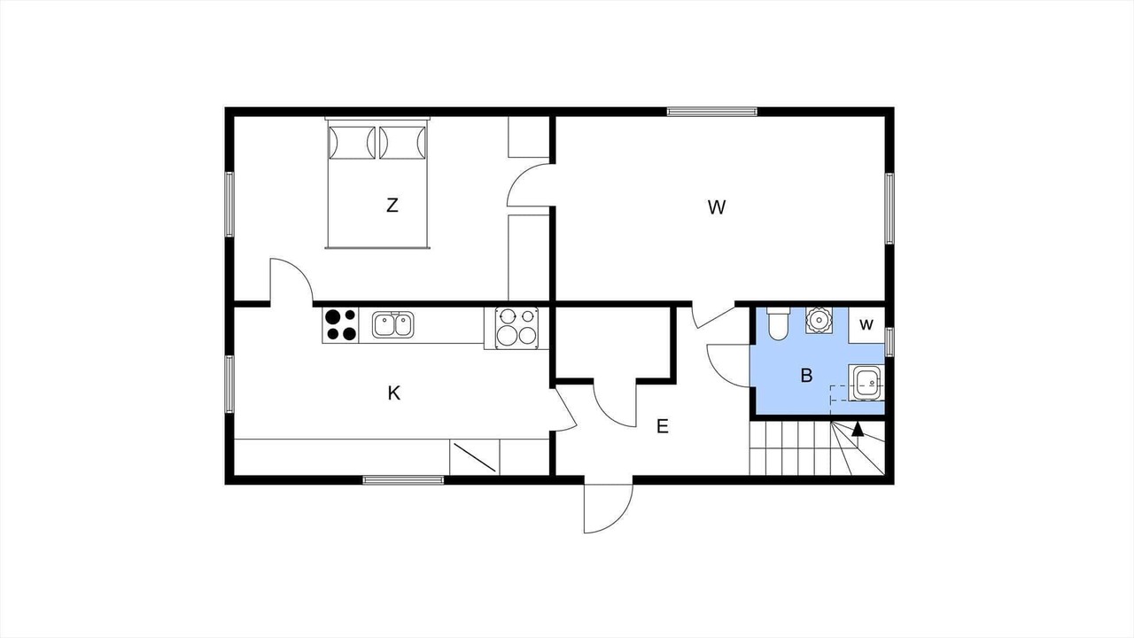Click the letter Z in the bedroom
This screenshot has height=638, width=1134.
pos(392,205)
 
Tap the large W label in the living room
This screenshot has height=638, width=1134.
pos(717,207)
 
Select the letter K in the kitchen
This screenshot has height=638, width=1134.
pos(394,393)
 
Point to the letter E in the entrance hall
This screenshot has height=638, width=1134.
pos(662,426)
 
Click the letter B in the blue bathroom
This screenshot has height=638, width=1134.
pos(806,375)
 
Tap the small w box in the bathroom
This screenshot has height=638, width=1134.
pos(866,324)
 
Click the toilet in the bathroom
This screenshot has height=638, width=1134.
pos(778,323)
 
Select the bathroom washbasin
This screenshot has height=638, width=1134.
pos(866,382)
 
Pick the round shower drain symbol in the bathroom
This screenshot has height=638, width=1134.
pos(819,320)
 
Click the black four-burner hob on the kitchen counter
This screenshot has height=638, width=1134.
pos(340,325)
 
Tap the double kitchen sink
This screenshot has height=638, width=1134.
pos(392,324)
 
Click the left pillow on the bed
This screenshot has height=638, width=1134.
pos(353,143)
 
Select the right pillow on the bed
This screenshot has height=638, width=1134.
pos(403,143)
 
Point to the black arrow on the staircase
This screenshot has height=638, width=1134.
pos(858,430)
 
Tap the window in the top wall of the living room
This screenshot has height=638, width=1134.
pos(711,112)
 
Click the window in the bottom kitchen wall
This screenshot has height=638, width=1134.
pos(403,480)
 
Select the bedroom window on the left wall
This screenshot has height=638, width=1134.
pos(229,204)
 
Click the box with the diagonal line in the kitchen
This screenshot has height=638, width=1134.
pos(475,457)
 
